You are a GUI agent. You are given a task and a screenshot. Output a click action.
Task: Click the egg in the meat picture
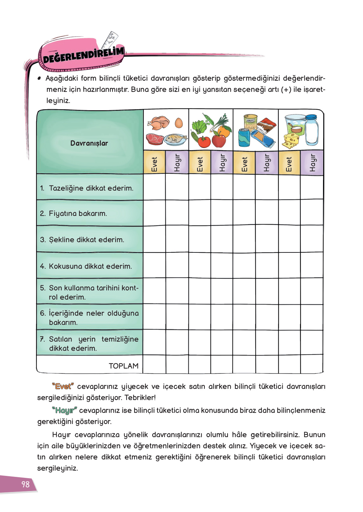click(179, 123)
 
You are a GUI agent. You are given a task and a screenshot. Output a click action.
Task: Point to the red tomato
click(204, 141)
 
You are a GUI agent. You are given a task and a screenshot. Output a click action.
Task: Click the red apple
click(219, 140)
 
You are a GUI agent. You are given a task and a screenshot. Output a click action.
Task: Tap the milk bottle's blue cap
click(311, 117)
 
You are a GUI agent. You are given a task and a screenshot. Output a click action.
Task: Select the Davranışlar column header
click(89, 143)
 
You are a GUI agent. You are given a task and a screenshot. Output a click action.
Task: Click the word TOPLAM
click(123, 366)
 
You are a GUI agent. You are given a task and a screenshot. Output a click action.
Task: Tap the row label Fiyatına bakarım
click(78, 213)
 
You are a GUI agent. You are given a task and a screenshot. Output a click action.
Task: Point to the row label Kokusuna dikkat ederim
click(90, 266)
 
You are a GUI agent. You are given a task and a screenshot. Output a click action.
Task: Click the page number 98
click(25, 484)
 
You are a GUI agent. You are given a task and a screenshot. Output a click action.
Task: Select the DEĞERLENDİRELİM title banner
click(83, 55)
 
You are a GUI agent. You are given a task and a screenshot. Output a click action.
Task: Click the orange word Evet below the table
click(63, 386)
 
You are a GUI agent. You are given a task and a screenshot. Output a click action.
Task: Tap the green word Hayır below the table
click(64, 410)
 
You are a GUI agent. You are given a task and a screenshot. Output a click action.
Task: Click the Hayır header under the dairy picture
click(312, 163)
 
